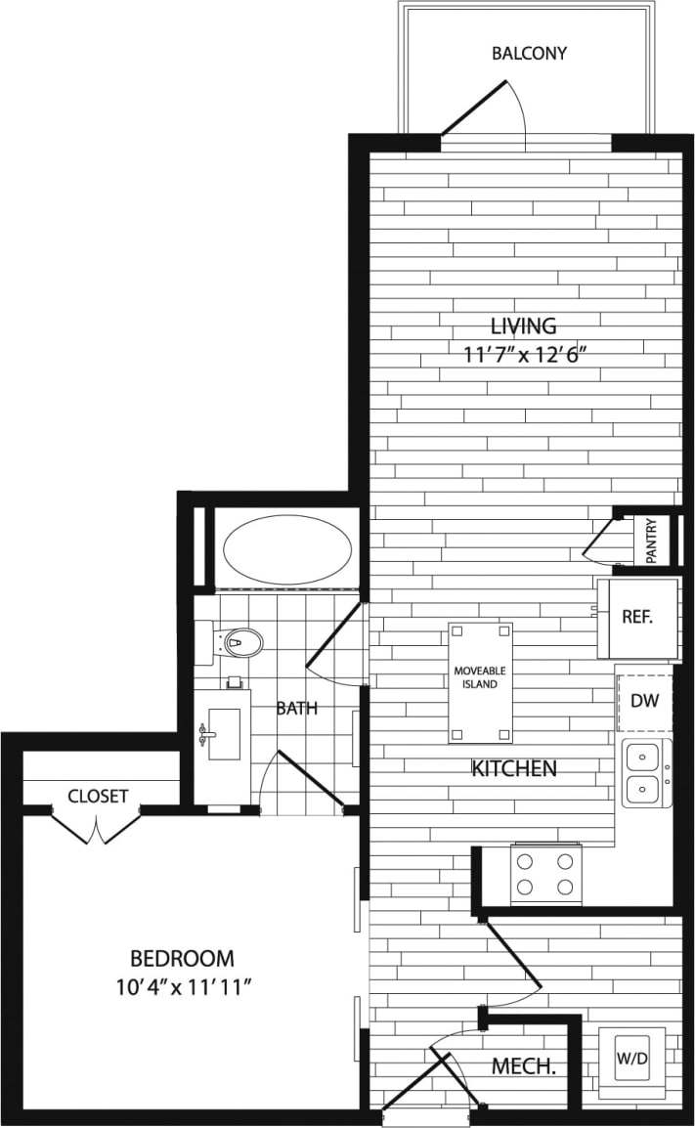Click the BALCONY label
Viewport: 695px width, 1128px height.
click(529, 53)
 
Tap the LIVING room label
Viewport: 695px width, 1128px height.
click(523, 325)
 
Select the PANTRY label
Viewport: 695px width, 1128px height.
click(652, 540)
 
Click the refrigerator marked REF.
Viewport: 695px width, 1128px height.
click(637, 618)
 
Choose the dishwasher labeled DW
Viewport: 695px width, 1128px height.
click(643, 700)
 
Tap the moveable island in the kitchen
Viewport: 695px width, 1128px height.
click(480, 681)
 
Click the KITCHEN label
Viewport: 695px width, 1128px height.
click(514, 768)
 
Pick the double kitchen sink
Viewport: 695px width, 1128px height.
click(645, 772)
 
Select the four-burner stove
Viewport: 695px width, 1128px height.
click(545, 874)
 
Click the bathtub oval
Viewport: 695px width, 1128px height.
click(288, 550)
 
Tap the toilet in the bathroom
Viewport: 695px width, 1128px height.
click(238, 642)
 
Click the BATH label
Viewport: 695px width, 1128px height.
click(296, 709)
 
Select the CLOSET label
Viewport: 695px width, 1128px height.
click(98, 796)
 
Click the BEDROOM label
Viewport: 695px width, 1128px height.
click(183, 958)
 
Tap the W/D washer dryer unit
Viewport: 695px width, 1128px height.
click(630, 1059)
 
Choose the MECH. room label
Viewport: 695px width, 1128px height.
click(524, 1066)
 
